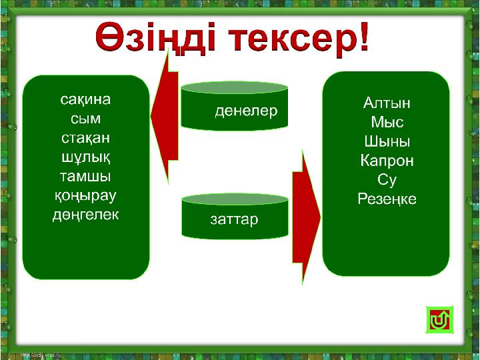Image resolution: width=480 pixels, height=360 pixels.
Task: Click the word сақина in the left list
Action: pyautogui.click(x=85, y=100)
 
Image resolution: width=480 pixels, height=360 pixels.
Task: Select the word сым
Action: pyautogui.click(x=85, y=119)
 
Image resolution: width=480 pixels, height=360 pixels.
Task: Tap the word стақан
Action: pyautogui.click(x=85, y=139)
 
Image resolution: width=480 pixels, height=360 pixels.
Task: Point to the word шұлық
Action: pyautogui.click(x=85, y=158)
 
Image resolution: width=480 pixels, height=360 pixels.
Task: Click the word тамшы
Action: pyautogui.click(x=85, y=177)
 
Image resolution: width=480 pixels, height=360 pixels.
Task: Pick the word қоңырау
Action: pyautogui.click(x=85, y=196)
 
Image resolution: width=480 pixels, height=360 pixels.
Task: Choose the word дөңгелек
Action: pyautogui.click(x=85, y=215)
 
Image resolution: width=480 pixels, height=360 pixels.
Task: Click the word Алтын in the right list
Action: pyautogui.click(x=387, y=103)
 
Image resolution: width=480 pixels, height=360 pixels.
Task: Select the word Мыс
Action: pyautogui.click(x=387, y=122)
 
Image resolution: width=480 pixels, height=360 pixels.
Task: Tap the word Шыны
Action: pyautogui.click(x=387, y=141)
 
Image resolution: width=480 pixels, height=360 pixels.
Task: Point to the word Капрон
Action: pyautogui.click(x=387, y=161)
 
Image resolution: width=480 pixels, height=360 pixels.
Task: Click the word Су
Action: pyautogui.click(x=387, y=180)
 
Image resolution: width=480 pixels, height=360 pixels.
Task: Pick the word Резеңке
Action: pyautogui.click(x=387, y=199)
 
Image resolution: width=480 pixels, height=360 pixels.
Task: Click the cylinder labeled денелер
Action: pyautogui.click(x=234, y=106)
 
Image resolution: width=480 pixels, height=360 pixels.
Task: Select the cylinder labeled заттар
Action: pyautogui.click(x=235, y=216)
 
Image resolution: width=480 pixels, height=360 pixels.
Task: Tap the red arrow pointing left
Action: pyautogui.click(x=165, y=116)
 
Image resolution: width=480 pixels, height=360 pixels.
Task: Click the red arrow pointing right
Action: pyautogui.click(x=307, y=217)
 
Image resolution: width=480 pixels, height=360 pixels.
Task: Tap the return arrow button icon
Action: pyautogui.click(x=439, y=320)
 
